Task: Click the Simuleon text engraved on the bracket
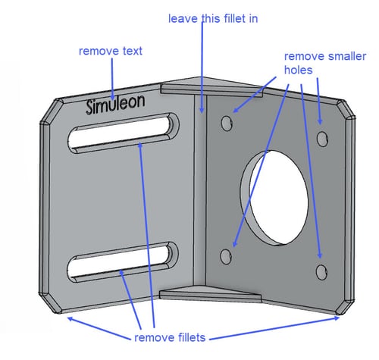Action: pyautogui.click(x=115, y=104)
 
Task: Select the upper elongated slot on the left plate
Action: pyautogui.click(x=124, y=133)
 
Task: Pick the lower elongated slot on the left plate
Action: pyautogui.click(x=123, y=262)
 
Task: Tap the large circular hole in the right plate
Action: pyautogui.click(x=274, y=198)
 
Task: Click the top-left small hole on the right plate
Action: pyautogui.click(x=227, y=124)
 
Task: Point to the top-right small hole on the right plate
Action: pyautogui.click(x=322, y=139)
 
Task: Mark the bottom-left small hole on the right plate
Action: pyautogui.click(x=226, y=257)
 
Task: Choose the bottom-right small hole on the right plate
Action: pyautogui.click(x=321, y=272)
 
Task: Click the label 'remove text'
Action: pyautogui.click(x=111, y=51)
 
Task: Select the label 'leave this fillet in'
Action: pyautogui.click(x=213, y=19)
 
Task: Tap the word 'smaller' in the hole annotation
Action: pyautogui.click(x=347, y=56)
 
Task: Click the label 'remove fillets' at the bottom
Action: pyautogui.click(x=170, y=337)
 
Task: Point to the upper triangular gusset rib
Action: pyautogui.click(x=211, y=86)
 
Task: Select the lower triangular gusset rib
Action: pyautogui.click(x=210, y=294)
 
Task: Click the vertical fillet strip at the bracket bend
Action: pyautogui.click(x=200, y=189)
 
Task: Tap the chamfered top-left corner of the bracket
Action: pyautogui.click(x=52, y=111)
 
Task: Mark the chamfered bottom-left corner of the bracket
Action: pyautogui.click(x=51, y=302)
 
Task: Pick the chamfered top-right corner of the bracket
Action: pyautogui.click(x=346, y=109)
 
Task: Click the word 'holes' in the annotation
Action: pyautogui.click(x=299, y=70)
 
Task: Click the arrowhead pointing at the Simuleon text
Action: pyautogui.click(x=112, y=97)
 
